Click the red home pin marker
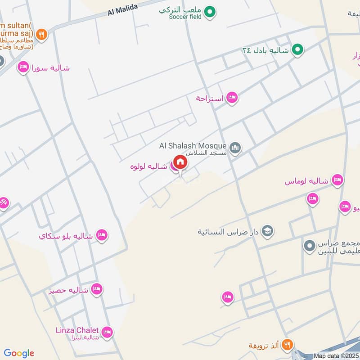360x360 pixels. tap(180, 162)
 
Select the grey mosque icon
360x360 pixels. tap(235, 148)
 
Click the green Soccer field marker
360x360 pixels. tap(209, 12)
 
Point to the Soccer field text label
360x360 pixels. tap(185, 17)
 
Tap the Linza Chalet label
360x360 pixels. tap(77, 330)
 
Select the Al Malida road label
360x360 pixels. tap(122, 10)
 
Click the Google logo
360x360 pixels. tap(19, 353)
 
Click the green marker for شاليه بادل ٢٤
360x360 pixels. tap(297, 50)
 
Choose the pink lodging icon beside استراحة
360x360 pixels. tap(232, 97)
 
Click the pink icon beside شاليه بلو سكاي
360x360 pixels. tap(102, 235)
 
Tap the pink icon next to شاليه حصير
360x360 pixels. tap(96, 289)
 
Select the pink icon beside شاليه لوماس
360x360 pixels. tap(337, 181)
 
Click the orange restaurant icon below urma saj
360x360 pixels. tap(41, 34)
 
